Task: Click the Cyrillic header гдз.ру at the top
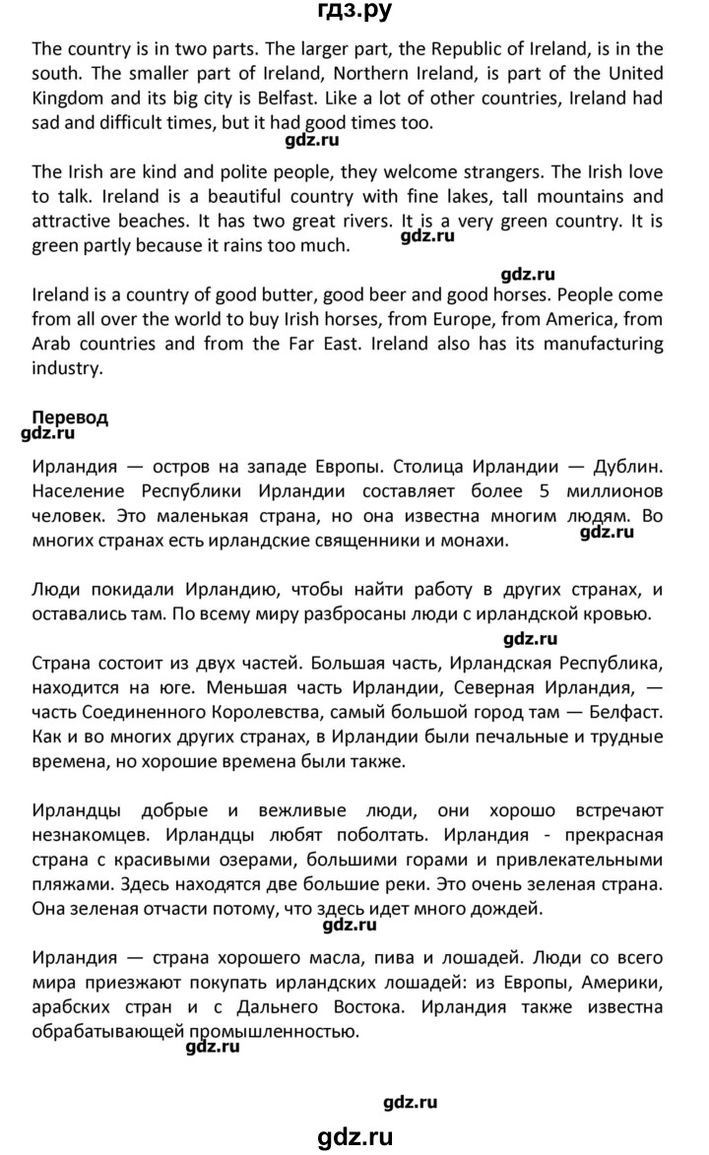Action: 354,13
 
